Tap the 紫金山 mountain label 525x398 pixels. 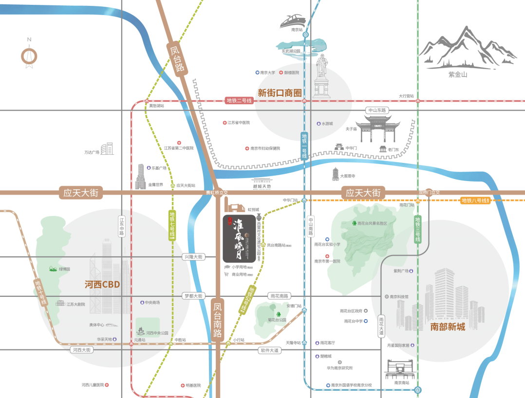click(x=457, y=74)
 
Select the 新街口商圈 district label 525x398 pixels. click(x=280, y=92)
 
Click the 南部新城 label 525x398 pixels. click(x=448, y=326)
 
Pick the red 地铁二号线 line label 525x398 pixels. click(x=240, y=101)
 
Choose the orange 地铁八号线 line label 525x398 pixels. click(x=474, y=200)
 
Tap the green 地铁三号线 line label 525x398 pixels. click(x=417, y=229)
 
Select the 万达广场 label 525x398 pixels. click(x=92, y=152)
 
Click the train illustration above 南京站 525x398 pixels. click(x=292, y=21)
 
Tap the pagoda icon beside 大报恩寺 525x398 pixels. click(x=335, y=174)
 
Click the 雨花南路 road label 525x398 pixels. click(x=279, y=296)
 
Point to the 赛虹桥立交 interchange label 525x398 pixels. click(x=217, y=192)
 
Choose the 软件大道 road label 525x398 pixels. click(x=269, y=350)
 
